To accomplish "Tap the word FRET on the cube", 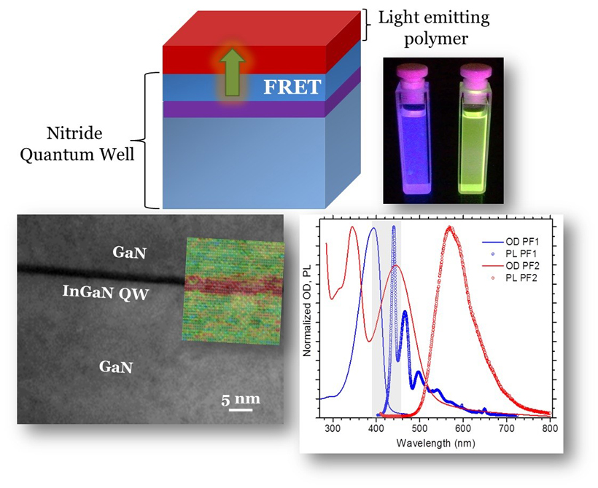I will [292, 87].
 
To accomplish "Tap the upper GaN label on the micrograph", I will [131, 253].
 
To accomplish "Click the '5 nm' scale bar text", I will [240, 398].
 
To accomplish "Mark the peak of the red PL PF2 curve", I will [449, 229].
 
